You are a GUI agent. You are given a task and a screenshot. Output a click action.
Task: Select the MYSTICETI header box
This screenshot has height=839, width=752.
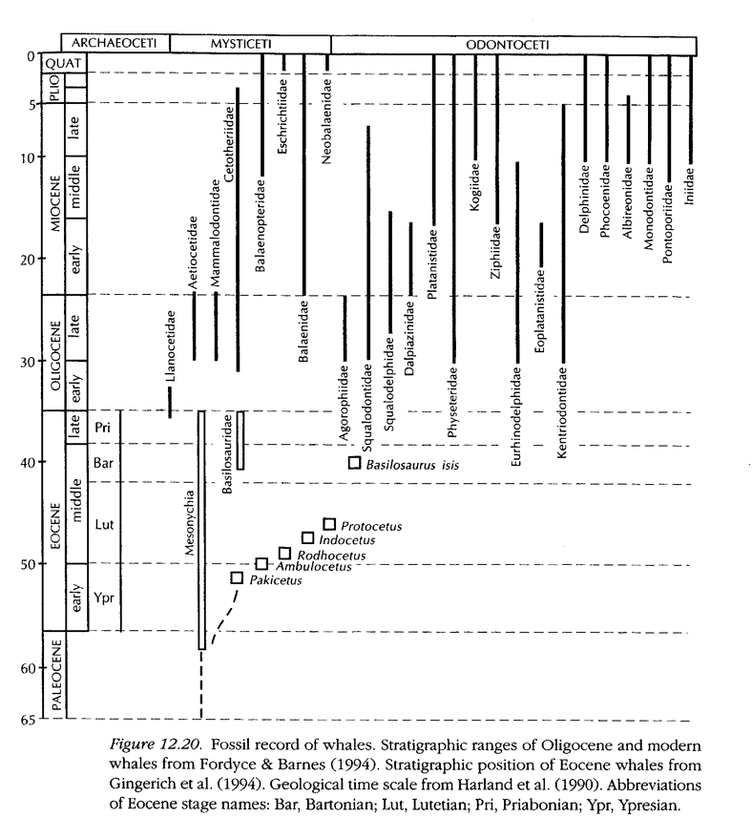251,43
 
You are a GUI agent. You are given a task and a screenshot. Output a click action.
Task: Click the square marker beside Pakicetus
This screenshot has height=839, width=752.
238,578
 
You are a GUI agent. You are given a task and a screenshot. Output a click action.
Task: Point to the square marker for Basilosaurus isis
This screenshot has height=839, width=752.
354,464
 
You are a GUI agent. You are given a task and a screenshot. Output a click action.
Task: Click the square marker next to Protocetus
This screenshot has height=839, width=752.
329,524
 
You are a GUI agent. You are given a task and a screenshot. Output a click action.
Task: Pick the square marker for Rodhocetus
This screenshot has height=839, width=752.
284,554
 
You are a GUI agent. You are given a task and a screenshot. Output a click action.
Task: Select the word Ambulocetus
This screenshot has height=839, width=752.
311,566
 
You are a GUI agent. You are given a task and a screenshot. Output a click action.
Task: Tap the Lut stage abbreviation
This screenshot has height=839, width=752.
104,523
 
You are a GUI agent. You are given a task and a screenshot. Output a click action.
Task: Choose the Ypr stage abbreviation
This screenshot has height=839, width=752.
104,597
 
